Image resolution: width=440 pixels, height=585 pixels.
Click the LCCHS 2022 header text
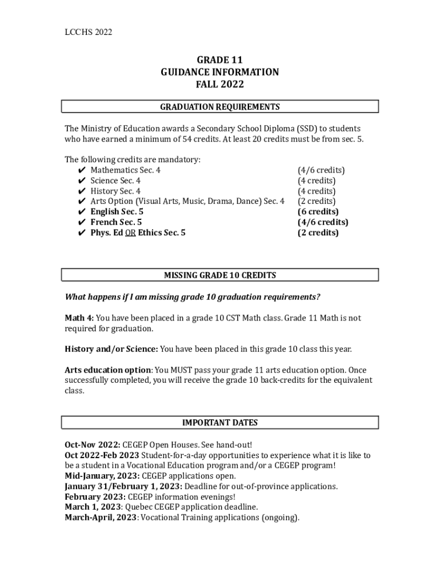click(x=88, y=32)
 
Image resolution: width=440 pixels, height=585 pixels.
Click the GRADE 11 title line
click(x=220, y=59)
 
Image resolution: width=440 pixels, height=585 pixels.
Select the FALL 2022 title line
click(x=220, y=85)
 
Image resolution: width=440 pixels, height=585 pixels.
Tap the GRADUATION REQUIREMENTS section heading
click(x=220, y=107)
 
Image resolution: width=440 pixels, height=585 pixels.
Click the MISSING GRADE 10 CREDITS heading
click(x=220, y=275)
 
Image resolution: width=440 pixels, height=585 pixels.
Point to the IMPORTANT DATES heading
click(x=220, y=423)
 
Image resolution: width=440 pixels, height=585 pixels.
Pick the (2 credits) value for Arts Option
click(x=317, y=201)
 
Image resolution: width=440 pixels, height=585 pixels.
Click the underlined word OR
click(x=130, y=233)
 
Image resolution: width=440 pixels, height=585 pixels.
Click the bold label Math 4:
click(x=79, y=318)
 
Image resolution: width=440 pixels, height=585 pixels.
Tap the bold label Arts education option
click(x=107, y=370)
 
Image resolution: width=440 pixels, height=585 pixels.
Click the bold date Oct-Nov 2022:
click(x=93, y=444)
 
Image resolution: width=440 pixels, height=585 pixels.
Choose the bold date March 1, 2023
click(x=93, y=507)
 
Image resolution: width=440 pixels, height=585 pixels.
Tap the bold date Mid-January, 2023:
click(x=102, y=476)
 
